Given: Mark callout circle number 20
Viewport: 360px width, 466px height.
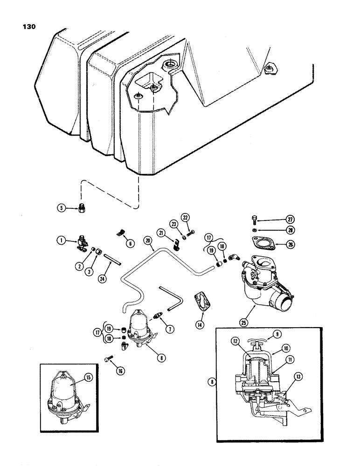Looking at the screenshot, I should point(148,240).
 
